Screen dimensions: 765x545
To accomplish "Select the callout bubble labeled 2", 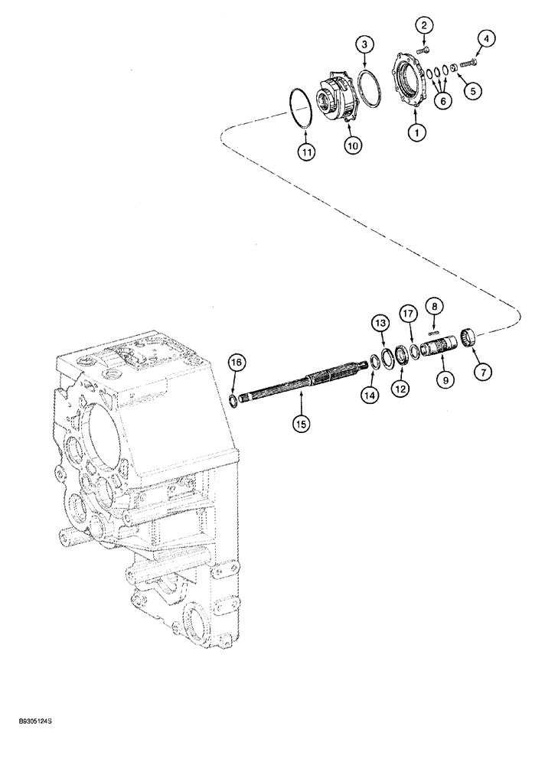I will point(422,27).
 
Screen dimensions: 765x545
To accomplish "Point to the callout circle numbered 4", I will point(485,37).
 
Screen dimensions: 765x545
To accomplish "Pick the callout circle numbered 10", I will point(352,145).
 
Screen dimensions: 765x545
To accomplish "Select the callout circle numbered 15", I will point(301,422).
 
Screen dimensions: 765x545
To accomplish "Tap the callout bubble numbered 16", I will point(237,361).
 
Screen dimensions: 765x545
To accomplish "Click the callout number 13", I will point(380,325).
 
